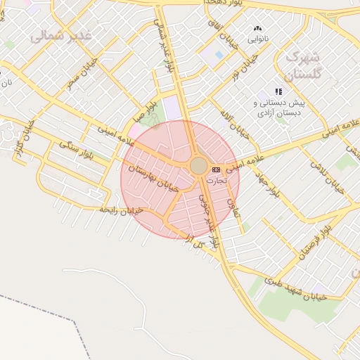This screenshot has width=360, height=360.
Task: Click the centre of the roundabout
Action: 198,166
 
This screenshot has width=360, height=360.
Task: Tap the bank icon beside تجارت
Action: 216,169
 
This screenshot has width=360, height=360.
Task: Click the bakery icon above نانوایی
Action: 257,29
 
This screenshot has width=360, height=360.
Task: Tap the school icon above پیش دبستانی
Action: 278,91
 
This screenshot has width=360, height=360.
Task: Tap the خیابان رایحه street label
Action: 121,210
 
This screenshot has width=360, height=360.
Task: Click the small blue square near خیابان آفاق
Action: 219,55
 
